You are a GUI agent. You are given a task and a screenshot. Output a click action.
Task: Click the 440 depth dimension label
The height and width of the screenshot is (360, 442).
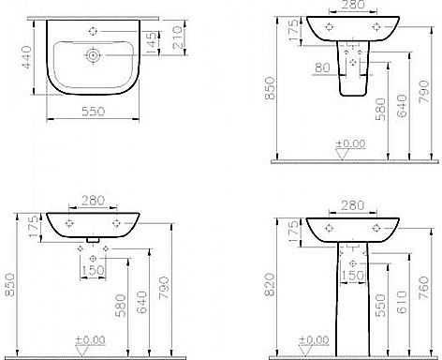click(x=26, y=57)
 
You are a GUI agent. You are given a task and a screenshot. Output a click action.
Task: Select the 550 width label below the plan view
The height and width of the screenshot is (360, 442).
click(x=94, y=112)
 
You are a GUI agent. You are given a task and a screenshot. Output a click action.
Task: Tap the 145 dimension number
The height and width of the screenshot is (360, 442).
click(x=151, y=43)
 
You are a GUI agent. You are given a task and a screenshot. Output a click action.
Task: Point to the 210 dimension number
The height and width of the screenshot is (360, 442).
click(x=177, y=37)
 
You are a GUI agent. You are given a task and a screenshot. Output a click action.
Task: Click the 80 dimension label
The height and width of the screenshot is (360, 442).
click(x=322, y=67)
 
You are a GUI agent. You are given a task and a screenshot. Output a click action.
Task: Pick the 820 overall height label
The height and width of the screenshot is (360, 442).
click(x=270, y=285)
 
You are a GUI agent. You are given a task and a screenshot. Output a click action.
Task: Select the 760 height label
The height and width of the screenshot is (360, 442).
click(x=424, y=288)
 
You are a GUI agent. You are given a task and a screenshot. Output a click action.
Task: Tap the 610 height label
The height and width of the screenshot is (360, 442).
click(x=403, y=302)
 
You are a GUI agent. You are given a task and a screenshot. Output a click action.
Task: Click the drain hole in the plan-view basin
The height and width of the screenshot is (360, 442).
click(x=93, y=55)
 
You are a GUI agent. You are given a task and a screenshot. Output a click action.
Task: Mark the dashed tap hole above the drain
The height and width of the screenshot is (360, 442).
click(x=93, y=31)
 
